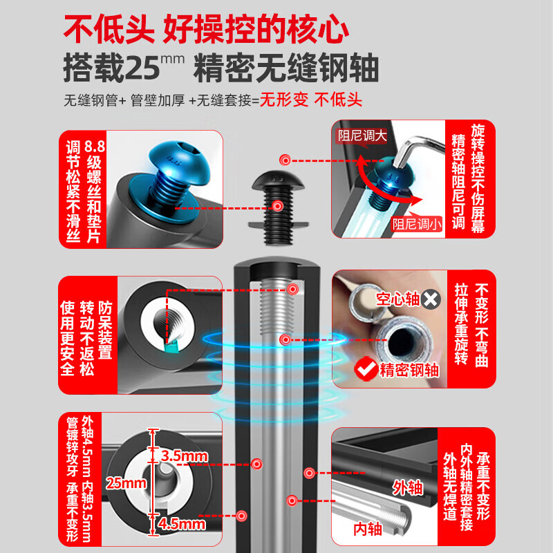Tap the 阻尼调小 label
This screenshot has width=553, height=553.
(x=415, y=223)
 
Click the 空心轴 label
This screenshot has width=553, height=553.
(x=398, y=299)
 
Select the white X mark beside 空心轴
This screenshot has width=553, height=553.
(x=432, y=299)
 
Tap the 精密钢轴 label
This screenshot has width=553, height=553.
(x=409, y=369)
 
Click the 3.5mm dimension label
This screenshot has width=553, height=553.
(x=184, y=456)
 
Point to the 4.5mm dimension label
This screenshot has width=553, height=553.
(x=182, y=525)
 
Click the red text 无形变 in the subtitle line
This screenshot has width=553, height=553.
(x=283, y=100)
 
